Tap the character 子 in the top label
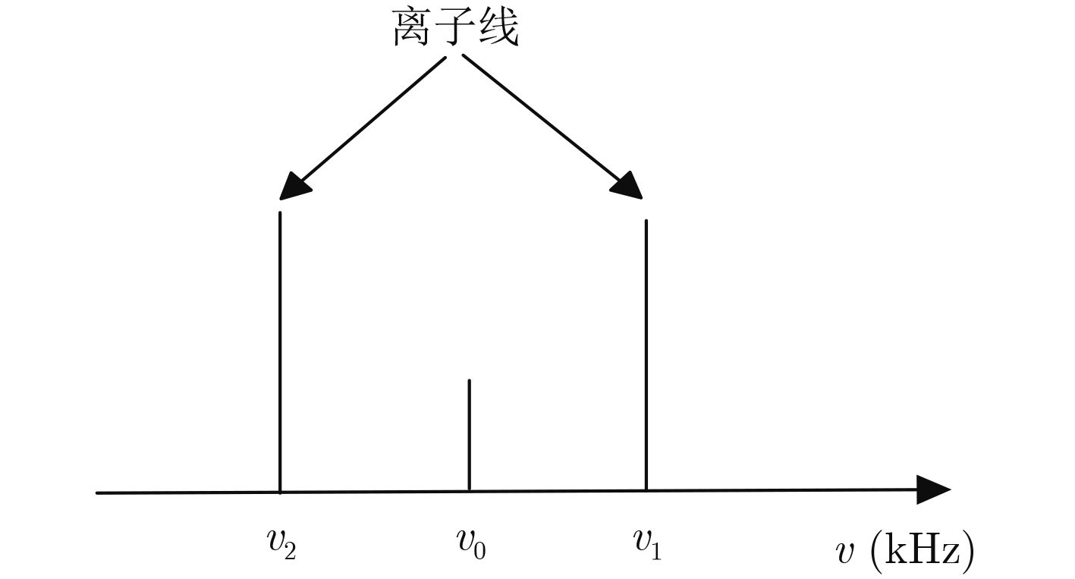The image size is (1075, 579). [x=456, y=28]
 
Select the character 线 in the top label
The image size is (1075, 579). [x=498, y=28]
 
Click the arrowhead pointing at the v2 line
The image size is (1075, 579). [x=293, y=187]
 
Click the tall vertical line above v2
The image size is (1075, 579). [x=280, y=352]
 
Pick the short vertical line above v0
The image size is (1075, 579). [x=470, y=436]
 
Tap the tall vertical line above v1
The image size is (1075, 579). [x=646, y=355]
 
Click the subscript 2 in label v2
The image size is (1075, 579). [x=290, y=552]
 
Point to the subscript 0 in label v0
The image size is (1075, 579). [x=479, y=550]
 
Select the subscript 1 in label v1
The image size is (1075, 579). [x=656, y=552]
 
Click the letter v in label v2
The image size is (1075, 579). [x=275, y=541]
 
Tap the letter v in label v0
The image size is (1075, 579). [x=464, y=540]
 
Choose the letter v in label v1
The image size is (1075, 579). [x=642, y=540]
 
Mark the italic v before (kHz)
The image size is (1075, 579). [x=845, y=553]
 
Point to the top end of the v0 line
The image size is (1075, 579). [x=470, y=379]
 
